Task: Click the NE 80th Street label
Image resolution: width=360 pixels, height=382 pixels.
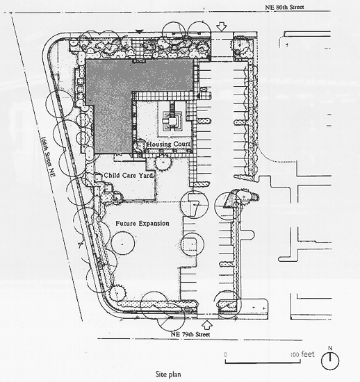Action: [x=284, y=7]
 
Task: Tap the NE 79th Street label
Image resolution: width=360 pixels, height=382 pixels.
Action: [x=190, y=334]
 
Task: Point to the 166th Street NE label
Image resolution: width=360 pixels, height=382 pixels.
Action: [x=48, y=156]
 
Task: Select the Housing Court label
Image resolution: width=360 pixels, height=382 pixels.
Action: [x=168, y=144]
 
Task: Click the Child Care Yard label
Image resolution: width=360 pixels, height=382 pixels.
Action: [x=129, y=175]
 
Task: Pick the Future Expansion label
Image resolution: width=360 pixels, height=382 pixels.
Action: [x=142, y=223]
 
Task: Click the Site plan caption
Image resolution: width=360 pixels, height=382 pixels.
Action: [x=168, y=374]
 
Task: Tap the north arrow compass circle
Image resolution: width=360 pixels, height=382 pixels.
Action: [x=330, y=360]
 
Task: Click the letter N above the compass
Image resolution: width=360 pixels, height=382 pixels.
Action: [x=330, y=348]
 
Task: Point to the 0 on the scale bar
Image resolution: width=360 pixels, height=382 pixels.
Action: [x=225, y=354]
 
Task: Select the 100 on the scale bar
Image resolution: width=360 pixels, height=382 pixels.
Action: [x=295, y=354]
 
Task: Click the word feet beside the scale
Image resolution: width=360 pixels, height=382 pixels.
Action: [x=308, y=354]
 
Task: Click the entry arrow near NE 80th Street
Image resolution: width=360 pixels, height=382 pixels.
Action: [x=221, y=26]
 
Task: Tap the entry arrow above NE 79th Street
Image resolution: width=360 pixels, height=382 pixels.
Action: [x=207, y=325]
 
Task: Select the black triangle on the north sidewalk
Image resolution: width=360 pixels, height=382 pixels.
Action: [x=140, y=32]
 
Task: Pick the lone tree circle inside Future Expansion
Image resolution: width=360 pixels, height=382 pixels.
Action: [x=123, y=243]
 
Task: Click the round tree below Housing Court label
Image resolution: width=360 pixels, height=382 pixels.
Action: [x=163, y=163]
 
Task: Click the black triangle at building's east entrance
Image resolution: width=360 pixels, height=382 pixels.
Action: [x=198, y=96]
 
